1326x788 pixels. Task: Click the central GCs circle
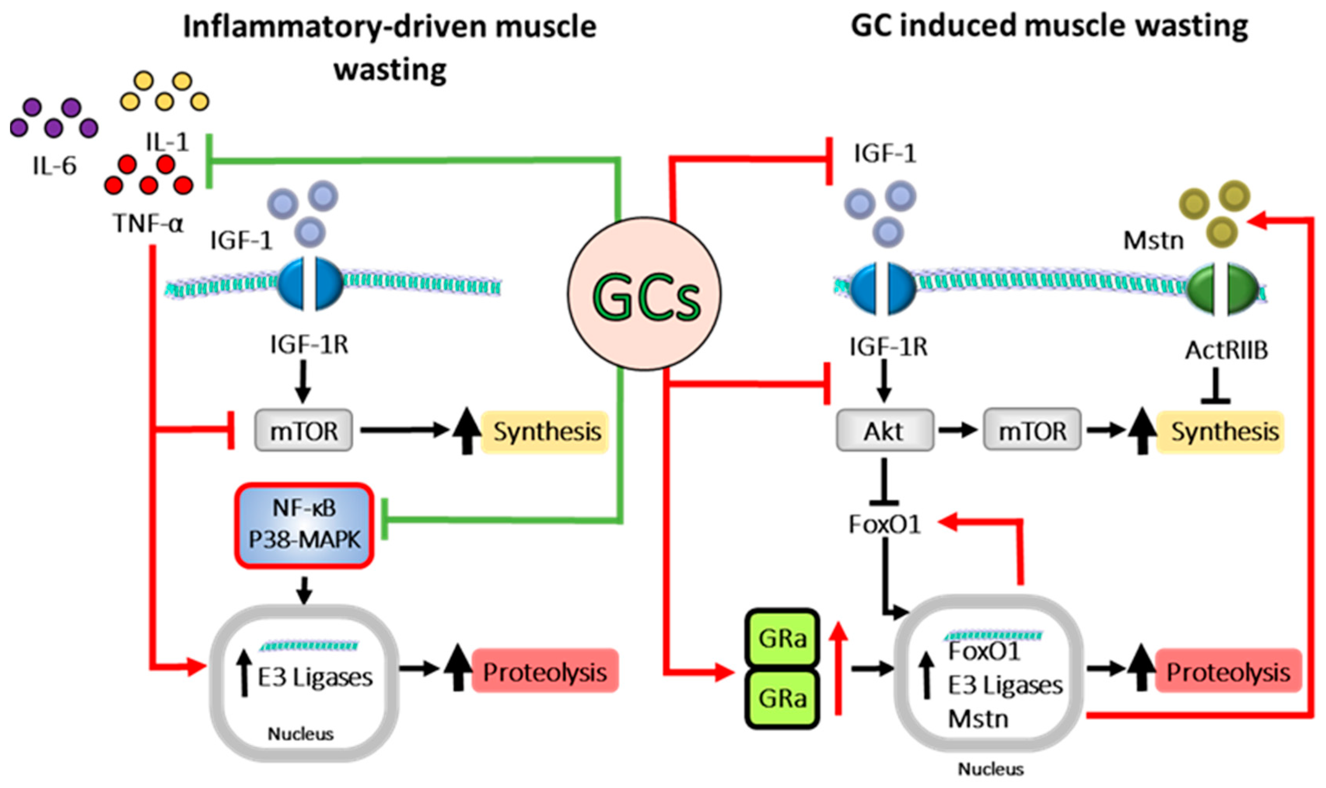(x=644, y=294)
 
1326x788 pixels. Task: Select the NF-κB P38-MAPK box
(x=304, y=525)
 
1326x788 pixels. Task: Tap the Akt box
(x=884, y=430)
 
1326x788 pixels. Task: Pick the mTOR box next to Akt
(x=1032, y=430)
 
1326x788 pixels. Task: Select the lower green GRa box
(x=782, y=698)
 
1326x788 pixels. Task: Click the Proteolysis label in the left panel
(x=545, y=672)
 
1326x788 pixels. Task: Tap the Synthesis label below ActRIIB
(x=1225, y=431)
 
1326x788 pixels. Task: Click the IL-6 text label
(x=55, y=166)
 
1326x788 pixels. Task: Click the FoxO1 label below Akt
(x=884, y=524)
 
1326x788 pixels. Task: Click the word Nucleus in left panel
(x=301, y=734)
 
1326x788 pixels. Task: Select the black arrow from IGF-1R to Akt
(x=884, y=381)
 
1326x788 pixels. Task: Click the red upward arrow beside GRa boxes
(x=839, y=669)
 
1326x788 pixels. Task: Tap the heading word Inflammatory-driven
(x=329, y=26)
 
